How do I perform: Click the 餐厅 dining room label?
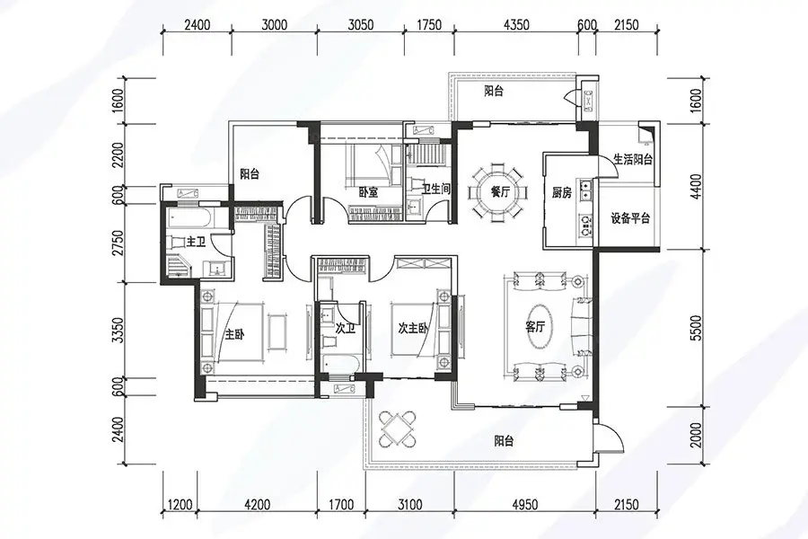(500, 192)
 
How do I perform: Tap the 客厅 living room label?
(535, 326)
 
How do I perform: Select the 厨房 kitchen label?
(562, 193)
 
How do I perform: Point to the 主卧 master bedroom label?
(234, 334)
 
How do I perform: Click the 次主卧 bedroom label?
(412, 328)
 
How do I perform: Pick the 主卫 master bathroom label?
(196, 242)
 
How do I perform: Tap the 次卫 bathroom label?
(346, 328)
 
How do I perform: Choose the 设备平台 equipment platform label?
(630, 218)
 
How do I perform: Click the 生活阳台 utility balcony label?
(633, 159)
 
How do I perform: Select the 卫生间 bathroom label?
(436, 190)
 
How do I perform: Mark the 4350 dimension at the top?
(516, 25)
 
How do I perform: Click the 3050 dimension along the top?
(360, 25)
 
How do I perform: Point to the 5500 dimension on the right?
(696, 328)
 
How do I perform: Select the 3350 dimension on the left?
(118, 331)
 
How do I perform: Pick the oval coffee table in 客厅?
(535, 327)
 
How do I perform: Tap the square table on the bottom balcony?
(397, 429)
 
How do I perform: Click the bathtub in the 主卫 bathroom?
(189, 218)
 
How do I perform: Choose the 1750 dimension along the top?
(428, 25)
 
